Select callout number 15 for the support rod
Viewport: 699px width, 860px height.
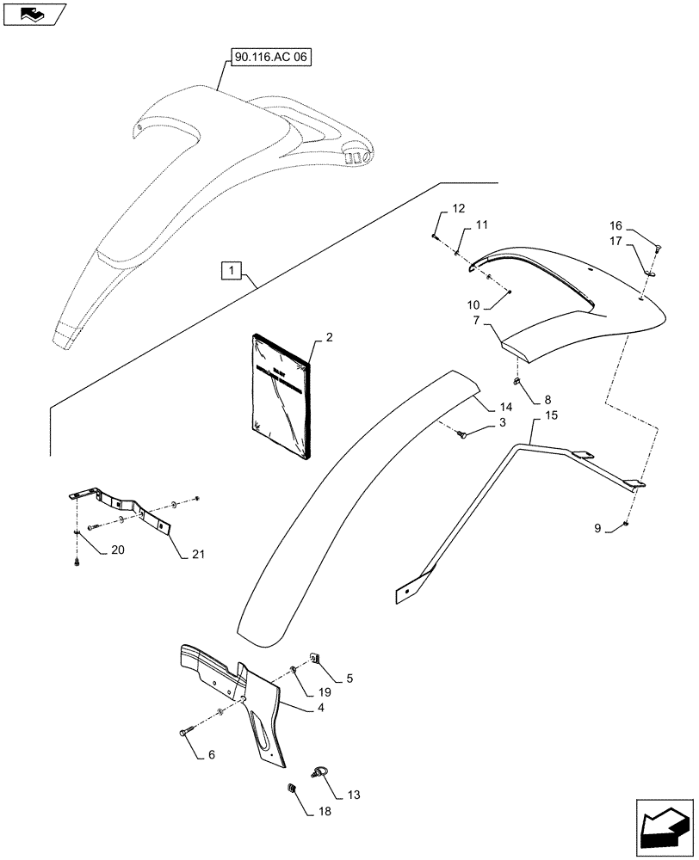[551, 416]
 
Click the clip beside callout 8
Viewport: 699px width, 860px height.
[517, 382]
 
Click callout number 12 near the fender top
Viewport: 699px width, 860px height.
[457, 208]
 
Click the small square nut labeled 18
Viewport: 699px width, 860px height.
[291, 788]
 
